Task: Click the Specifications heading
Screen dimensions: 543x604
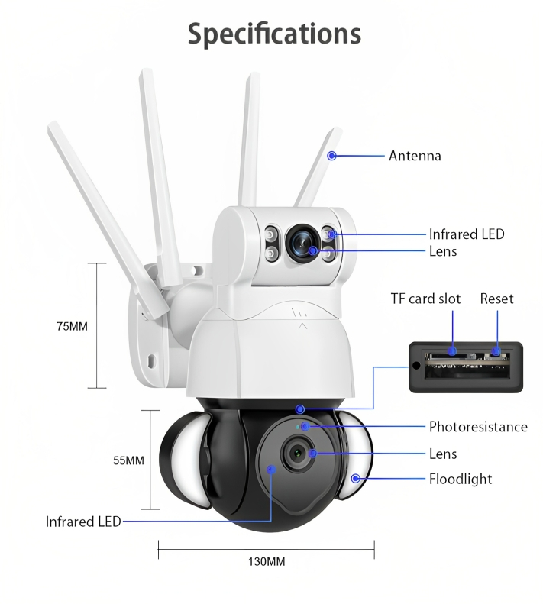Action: tap(274, 34)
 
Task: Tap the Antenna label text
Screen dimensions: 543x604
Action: tap(415, 156)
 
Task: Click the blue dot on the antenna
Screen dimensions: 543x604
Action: tap(331, 156)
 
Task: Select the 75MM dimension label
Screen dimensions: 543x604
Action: tap(72, 326)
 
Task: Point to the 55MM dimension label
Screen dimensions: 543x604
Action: tap(128, 460)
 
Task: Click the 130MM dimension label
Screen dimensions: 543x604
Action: tap(267, 562)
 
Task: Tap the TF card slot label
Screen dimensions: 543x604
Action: tap(425, 299)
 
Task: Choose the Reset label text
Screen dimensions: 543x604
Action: tap(496, 299)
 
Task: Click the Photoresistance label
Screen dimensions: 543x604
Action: tap(478, 427)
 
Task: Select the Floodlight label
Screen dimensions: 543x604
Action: tap(461, 479)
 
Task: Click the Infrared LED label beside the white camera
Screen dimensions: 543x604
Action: tap(467, 234)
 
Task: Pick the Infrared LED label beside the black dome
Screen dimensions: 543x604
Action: tap(83, 522)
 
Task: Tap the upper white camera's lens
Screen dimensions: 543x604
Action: tap(303, 243)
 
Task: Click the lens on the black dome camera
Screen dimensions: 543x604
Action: tap(299, 453)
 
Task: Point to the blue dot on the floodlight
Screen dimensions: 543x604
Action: tap(356, 479)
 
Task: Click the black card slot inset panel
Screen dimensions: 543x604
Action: tap(466, 367)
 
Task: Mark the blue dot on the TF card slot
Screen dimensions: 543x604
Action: tap(452, 351)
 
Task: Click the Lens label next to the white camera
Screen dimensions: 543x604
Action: tap(443, 251)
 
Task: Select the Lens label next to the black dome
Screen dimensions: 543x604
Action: tap(443, 454)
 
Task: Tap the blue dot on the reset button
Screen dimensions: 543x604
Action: tap(496, 351)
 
